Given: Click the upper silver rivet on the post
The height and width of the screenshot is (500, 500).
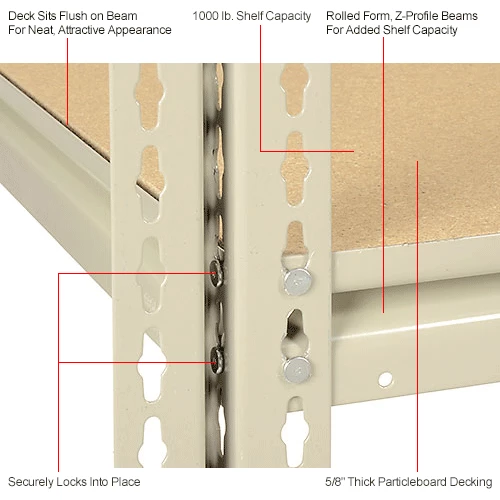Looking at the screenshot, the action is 298,281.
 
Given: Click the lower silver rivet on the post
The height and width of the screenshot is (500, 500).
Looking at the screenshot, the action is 297,370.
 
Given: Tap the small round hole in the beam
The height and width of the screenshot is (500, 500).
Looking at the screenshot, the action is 385,379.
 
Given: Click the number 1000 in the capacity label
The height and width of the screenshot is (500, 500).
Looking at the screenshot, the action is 205,16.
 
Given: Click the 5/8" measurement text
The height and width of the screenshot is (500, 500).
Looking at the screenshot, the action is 335,481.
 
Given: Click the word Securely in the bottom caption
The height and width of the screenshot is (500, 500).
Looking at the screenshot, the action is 31,482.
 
